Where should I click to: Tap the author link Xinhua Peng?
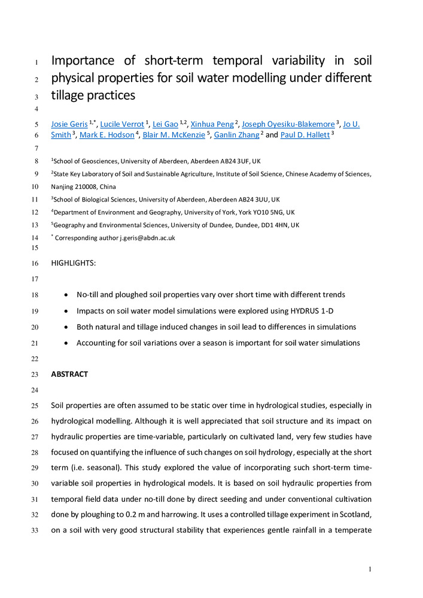point(212,124)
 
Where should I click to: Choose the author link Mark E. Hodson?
point(106,135)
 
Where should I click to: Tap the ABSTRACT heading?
point(69,374)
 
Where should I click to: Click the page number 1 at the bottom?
point(371,569)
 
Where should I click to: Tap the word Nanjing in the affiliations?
point(63,186)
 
